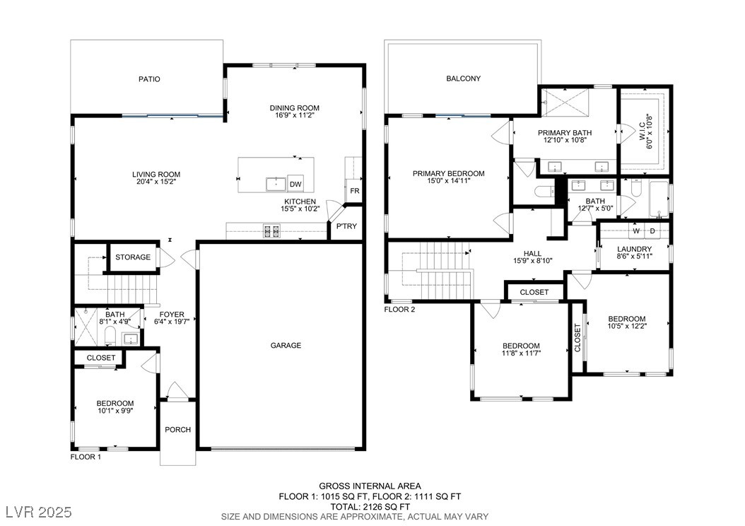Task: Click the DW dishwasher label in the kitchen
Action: point(295,185)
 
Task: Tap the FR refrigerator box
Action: point(354,191)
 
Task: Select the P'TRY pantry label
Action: point(346,226)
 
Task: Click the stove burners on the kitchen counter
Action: point(271,231)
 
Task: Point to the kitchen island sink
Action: point(275,183)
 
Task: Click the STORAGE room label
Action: point(133,257)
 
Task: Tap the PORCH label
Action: point(177,430)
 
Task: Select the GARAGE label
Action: point(286,346)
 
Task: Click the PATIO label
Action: point(149,79)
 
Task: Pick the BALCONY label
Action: point(463,78)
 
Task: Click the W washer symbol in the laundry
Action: point(635,231)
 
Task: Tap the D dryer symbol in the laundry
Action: point(652,231)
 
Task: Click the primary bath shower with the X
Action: point(565,100)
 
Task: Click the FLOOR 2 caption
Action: point(399,310)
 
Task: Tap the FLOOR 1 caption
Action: point(86,457)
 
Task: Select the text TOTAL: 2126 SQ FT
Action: point(370,506)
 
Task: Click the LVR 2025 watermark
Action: point(39,513)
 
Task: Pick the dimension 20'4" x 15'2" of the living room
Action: point(156,182)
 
